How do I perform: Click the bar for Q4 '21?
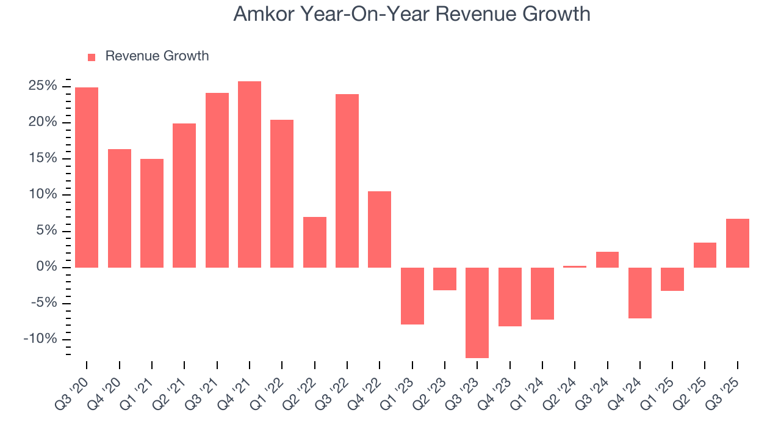pyautogui.click(x=250, y=174)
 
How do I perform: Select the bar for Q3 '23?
pyautogui.click(x=477, y=312)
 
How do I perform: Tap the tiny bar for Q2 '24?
pyautogui.click(x=575, y=266)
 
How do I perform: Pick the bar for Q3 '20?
pyautogui.click(x=87, y=177)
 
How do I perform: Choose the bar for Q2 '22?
pyautogui.click(x=315, y=242)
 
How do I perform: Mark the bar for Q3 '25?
pyautogui.click(x=737, y=243)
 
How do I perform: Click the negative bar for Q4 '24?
pyautogui.click(x=640, y=293)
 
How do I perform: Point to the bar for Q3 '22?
pyautogui.click(x=347, y=181)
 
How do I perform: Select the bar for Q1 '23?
pyautogui.click(x=412, y=296)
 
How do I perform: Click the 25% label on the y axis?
pyautogui.click(x=43, y=86)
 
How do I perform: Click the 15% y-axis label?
pyautogui.click(x=43, y=158)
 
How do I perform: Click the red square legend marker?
pyautogui.click(x=92, y=57)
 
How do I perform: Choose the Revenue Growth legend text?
pyautogui.click(x=157, y=56)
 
